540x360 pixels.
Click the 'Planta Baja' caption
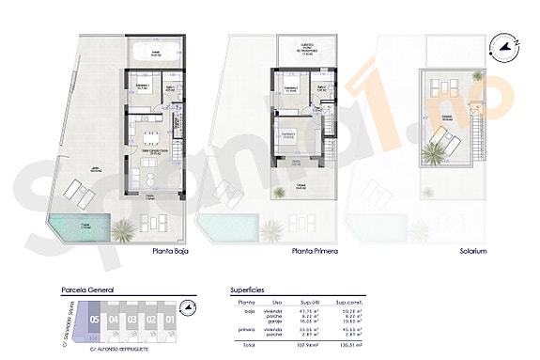tap(175, 252)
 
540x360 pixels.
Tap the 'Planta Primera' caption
tap(313, 252)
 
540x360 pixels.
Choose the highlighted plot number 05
tap(93, 319)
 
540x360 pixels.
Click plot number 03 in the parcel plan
tap(131, 319)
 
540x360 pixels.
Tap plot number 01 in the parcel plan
tap(170, 319)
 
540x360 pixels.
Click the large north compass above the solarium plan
tap(508, 44)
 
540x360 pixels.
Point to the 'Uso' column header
tap(278, 301)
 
